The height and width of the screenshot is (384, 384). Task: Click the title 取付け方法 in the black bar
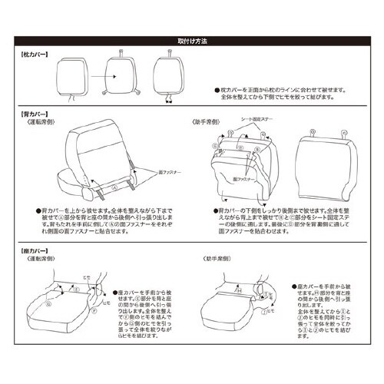tap(192, 36)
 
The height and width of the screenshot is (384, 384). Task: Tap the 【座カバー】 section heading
tap(35, 250)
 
